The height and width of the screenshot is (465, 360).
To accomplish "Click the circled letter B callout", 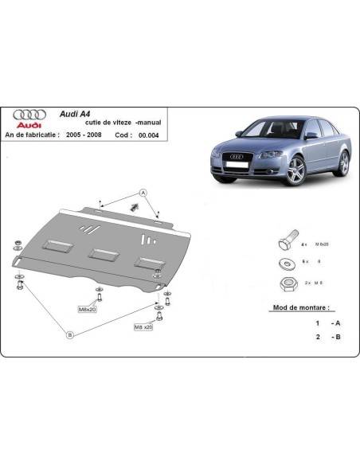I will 69,335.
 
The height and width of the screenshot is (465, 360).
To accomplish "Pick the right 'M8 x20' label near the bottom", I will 144,326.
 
